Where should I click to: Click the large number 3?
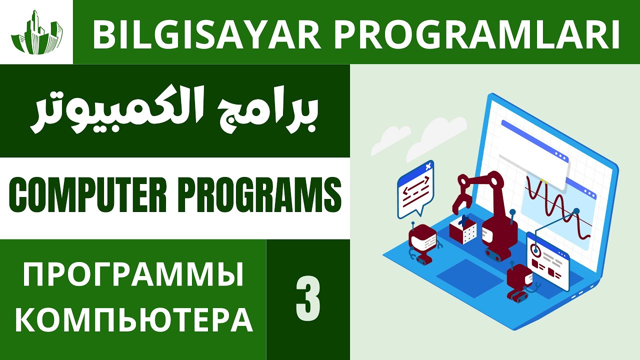tap(308, 300)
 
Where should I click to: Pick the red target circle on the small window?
tap(536, 248)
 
